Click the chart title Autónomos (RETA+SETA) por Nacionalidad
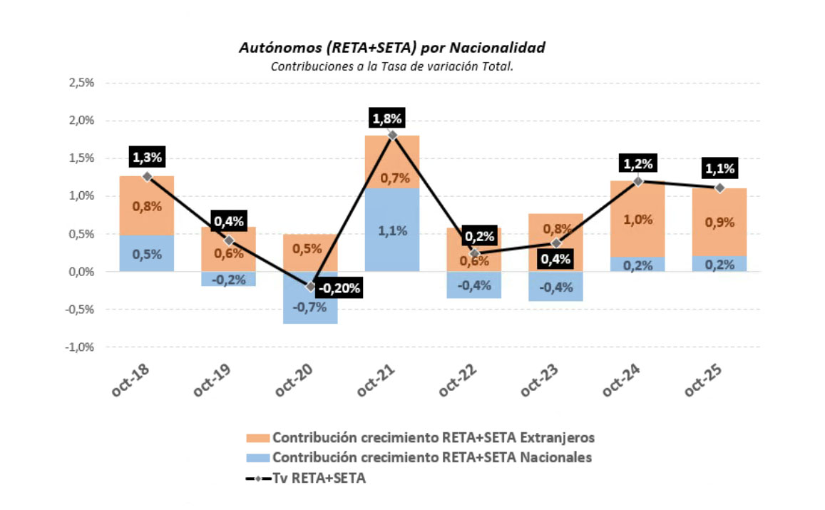391,48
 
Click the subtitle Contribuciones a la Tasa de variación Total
391,66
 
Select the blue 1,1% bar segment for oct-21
392,230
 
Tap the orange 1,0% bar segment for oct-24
637,219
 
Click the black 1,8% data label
392,118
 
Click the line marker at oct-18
147,176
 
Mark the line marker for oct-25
719,188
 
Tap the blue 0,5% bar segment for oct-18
147,253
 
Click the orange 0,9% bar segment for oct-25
719,222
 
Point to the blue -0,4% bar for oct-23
555,286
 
